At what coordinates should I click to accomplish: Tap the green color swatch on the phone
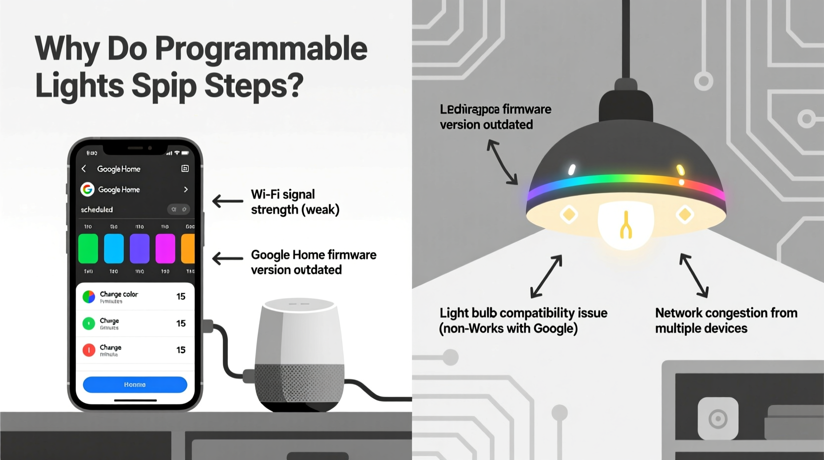[88, 249]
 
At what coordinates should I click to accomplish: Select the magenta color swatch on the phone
[165, 249]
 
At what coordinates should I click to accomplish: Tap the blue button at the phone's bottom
[135, 385]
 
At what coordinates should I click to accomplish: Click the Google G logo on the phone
[88, 189]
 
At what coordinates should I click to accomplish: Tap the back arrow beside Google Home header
[84, 169]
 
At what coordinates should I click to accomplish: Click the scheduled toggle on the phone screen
[178, 210]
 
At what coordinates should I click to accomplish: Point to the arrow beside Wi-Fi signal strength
[228, 201]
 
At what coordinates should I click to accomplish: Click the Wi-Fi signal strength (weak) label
[295, 202]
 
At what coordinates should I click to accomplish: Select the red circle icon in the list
[89, 350]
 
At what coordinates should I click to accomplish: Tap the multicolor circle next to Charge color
[89, 297]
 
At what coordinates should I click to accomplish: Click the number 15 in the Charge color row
[181, 296]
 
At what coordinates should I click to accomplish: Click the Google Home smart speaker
[299, 354]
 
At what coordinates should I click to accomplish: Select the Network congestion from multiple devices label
[725, 321]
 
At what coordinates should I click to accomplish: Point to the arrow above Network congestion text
[694, 275]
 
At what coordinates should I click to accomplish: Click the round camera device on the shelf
[718, 419]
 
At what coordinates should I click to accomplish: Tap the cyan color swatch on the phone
[114, 249]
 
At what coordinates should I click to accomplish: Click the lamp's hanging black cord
[626, 40]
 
